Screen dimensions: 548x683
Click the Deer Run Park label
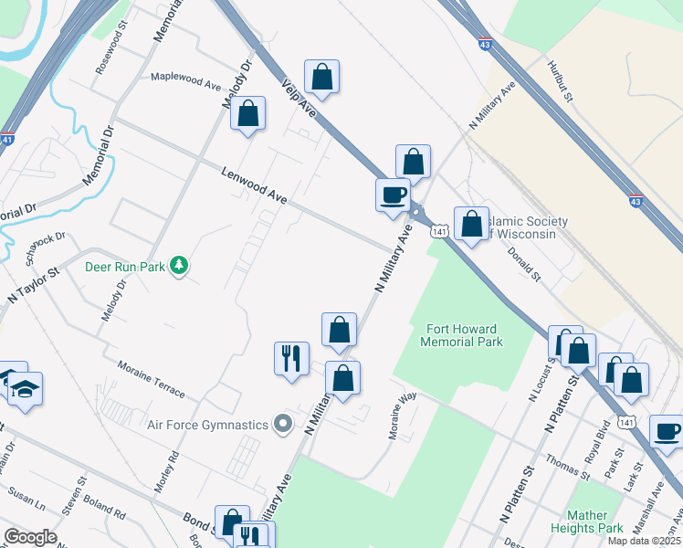pos(124,267)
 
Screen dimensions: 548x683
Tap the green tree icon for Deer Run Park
pos(181,266)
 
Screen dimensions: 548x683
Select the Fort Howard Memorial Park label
pos(461,335)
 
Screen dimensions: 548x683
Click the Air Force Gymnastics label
pos(208,424)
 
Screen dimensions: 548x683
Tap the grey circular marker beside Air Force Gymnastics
pos(283,423)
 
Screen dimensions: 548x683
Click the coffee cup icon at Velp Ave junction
pos(393,195)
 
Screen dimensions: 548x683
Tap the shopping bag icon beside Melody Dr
pos(247,113)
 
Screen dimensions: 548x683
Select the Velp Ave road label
pos(298,95)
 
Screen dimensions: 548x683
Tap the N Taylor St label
pos(33,285)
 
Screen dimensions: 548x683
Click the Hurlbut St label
pos(560,81)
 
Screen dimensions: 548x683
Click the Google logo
pos(30,537)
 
